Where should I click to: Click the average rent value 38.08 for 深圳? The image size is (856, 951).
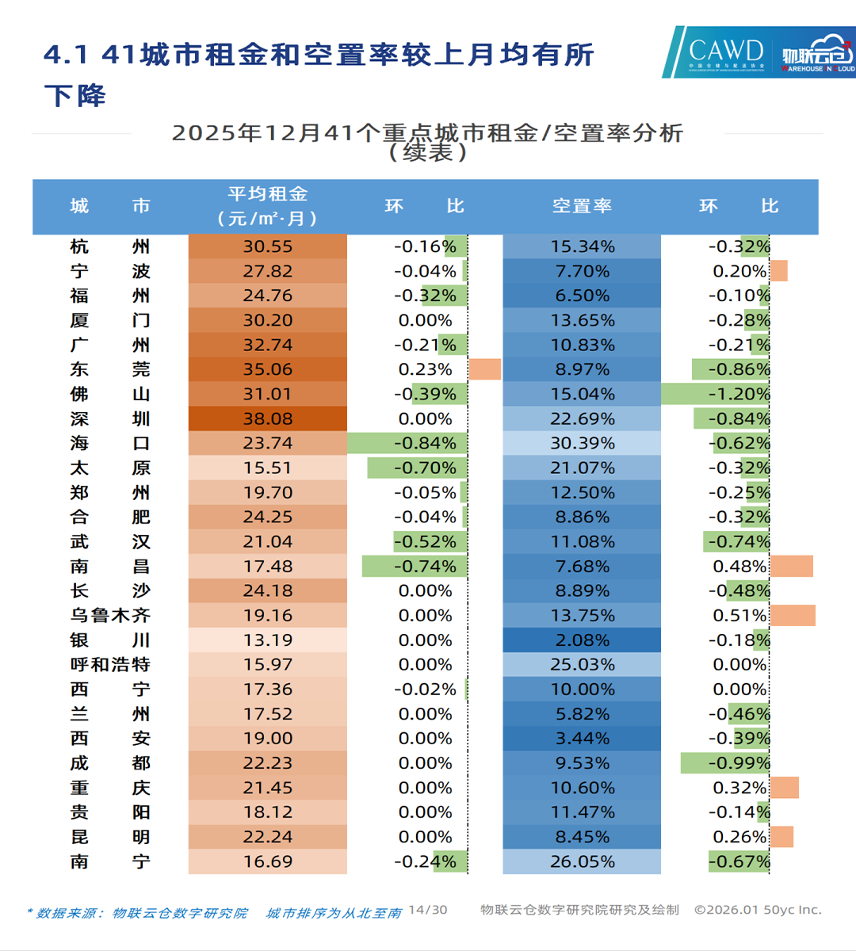(x=268, y=418)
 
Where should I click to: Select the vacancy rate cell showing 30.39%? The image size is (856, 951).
(x=582, y=443)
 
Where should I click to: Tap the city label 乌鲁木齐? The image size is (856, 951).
(x=109, y=616)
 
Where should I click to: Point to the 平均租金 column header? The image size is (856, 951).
(x=268, y=206)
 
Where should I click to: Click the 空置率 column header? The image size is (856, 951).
(x=582, y=206)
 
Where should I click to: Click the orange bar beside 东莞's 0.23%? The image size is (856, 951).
(x=484, y=369)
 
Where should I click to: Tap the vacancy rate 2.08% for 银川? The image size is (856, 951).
(x=582, y=640)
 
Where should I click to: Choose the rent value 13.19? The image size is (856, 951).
(x=268, y=640)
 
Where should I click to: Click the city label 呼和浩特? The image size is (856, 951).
(x=109, y=665)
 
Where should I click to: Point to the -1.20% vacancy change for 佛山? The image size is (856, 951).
(x=739, y=394)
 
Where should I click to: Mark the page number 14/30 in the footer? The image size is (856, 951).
(x=428, y=910)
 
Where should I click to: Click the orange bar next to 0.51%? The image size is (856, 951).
(x=793, y=616)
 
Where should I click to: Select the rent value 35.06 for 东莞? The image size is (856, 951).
(x=268, y=369)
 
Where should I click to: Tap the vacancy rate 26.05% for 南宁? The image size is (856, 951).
(x=582, y=861)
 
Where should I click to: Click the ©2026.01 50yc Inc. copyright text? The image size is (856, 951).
(x=758, y=910)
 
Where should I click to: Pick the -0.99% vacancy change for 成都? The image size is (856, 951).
(x=739, y=763)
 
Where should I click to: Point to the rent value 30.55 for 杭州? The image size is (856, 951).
(x=268, y=246)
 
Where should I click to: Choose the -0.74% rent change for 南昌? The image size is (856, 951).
(x=426, y=567)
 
